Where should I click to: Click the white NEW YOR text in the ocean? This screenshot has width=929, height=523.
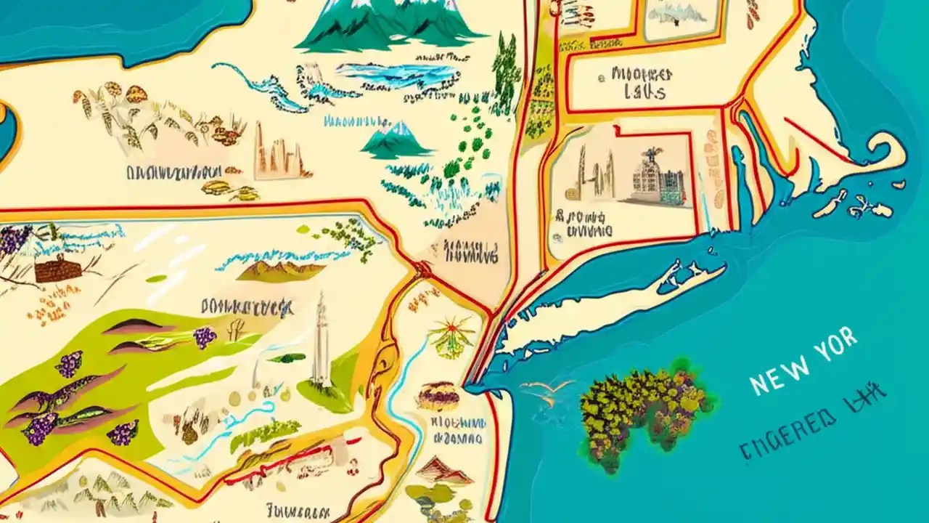802,361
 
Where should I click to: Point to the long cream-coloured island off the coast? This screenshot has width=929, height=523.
617,305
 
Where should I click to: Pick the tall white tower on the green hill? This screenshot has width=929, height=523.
320,341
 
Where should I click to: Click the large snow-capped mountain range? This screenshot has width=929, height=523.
392,25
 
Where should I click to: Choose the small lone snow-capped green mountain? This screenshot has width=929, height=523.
397,139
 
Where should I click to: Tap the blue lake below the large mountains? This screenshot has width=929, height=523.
396,73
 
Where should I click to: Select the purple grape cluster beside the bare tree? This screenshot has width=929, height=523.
205,336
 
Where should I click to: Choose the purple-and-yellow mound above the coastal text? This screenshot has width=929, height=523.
438,396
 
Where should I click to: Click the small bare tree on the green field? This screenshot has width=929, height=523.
234,331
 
